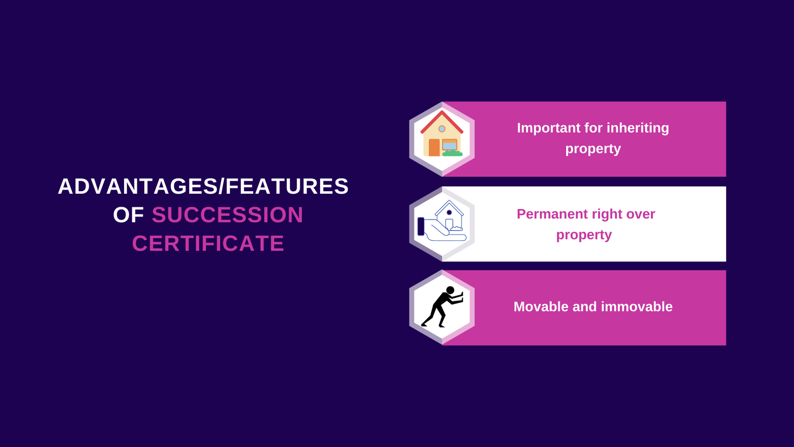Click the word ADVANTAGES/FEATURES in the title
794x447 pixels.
[203, 186]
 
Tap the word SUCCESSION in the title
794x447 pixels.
[227, 215]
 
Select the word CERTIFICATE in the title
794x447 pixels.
[208, 243]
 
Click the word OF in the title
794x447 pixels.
[129, 215]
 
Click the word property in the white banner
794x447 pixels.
[584, 235]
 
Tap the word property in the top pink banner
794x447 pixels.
[593, 149]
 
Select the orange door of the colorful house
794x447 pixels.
[434, 148]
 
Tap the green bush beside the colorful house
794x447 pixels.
[452, 153]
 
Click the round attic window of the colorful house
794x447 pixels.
[442, 129]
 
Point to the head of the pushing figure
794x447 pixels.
[450, 290]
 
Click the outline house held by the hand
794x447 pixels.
[449, 215]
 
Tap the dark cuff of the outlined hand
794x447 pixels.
[421, 226]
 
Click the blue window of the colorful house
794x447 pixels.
[450, 145]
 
